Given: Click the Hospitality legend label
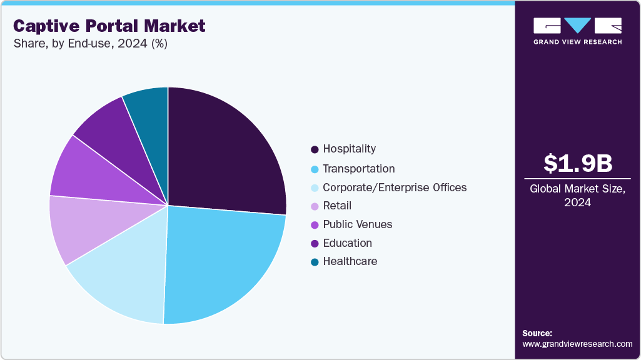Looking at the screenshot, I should coord(349,149).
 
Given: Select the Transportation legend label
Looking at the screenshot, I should coord(358,169).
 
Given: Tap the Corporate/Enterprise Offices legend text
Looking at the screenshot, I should coord(394,187).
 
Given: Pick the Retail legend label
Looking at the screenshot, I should coord(337,206).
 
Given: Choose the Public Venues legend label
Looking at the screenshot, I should coord(357,224).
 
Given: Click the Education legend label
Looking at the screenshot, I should coord(347,243).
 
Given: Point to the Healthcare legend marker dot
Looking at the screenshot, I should coord(315,262).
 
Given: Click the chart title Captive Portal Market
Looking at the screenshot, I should coord(109,26).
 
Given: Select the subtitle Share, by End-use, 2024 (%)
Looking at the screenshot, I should coord(90,44).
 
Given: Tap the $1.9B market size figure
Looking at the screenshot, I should coord(577,163).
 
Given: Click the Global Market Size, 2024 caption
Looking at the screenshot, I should coord(577,196).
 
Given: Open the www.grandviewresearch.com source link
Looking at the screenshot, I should coord(577,344).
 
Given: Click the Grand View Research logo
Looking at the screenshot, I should coord(577,30).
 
